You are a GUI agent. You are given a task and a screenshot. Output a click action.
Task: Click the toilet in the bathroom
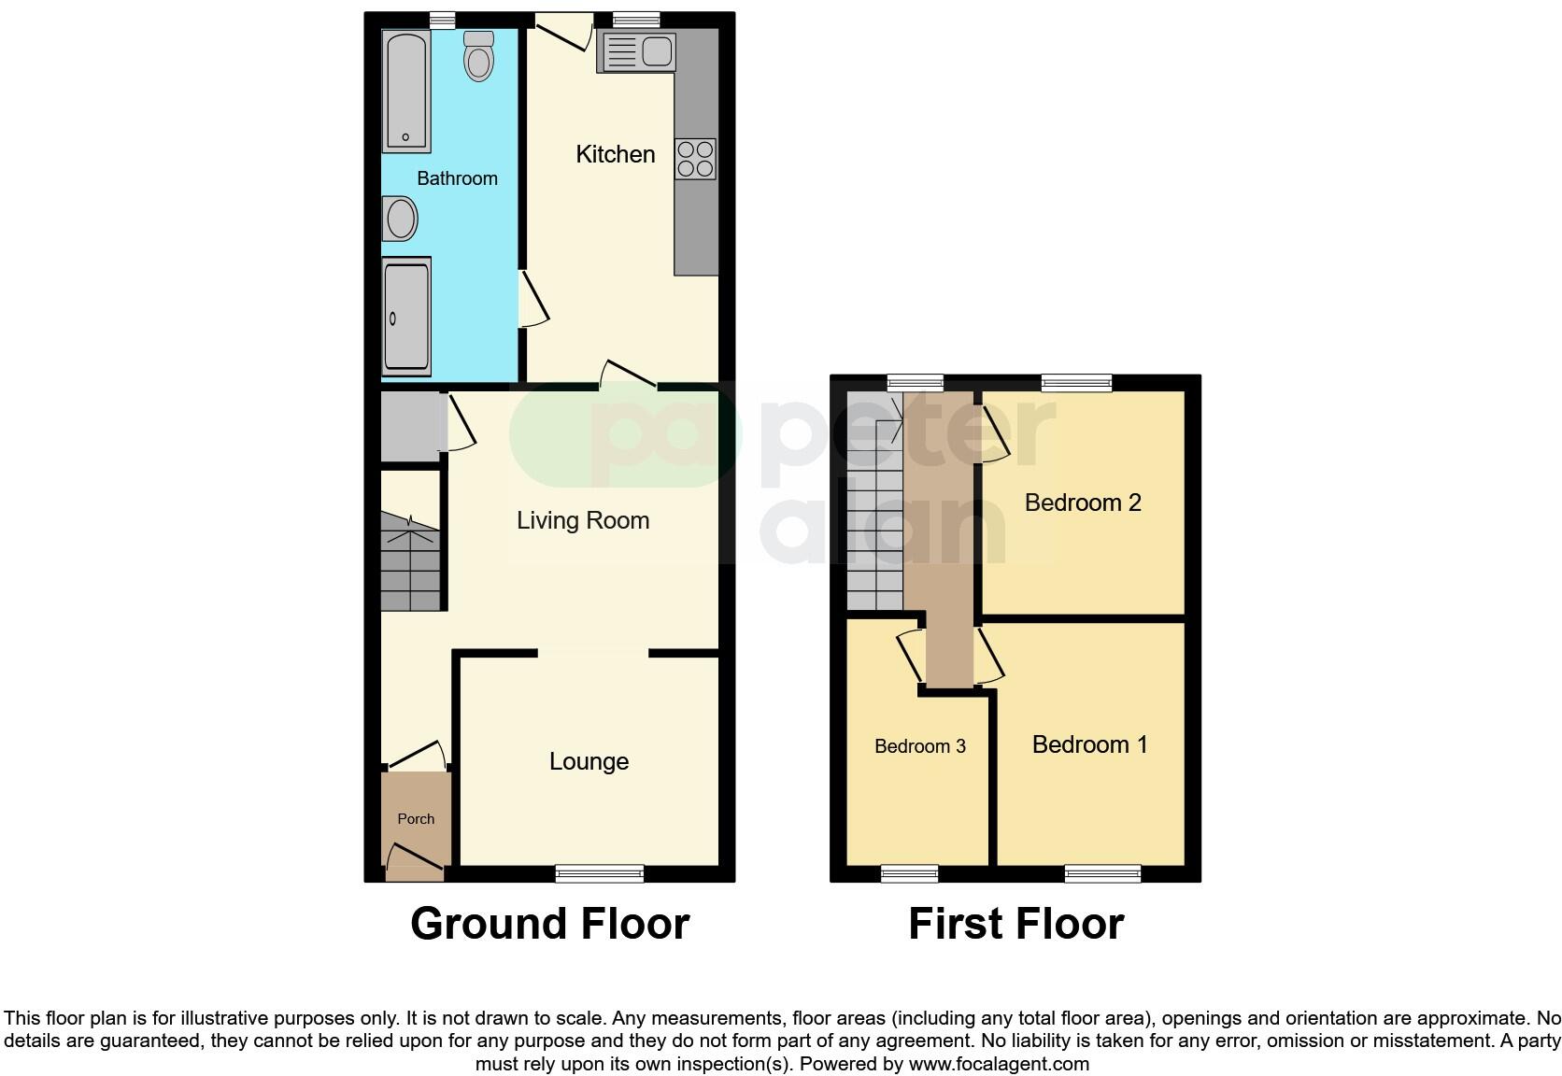point(478,57)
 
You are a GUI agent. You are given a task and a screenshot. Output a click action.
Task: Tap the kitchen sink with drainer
point(637,51)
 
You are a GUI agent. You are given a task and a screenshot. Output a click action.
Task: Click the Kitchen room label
point(615,154)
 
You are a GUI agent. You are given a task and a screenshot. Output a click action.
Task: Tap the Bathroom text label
point(457,178)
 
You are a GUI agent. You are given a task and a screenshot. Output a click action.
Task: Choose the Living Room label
point(583,520)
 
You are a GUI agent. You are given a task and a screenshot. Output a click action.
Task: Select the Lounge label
point(589,761)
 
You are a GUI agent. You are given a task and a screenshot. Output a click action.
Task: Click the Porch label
point(416,819)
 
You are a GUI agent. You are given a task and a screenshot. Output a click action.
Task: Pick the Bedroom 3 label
point(919,746)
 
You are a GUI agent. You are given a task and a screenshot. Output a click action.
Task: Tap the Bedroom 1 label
point(1089,744)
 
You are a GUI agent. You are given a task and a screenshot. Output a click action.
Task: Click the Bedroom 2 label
point(1083,503)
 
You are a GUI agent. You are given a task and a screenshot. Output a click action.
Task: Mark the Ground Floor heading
point(549,924)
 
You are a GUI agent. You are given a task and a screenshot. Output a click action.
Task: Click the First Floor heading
point(1015,924)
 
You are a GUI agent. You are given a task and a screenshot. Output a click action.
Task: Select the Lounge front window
point(599,873)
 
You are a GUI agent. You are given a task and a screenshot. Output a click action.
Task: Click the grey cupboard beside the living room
point(409,426)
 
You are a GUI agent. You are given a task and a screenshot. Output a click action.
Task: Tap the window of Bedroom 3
point(909,873)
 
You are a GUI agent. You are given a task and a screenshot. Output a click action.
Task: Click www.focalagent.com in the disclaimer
point(999,1064)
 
